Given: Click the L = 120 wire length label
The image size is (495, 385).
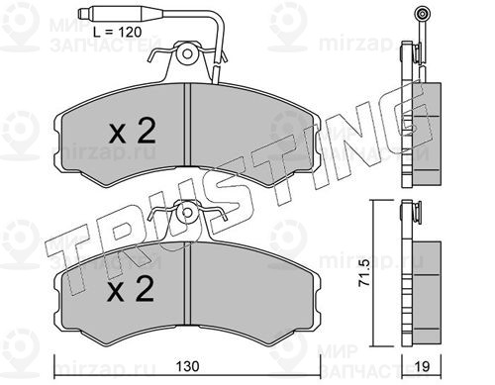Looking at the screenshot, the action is (x=117, y=32).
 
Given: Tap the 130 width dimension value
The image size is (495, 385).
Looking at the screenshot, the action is (x=187, y=366).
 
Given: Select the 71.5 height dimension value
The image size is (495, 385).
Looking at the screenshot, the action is (x=363, y=272).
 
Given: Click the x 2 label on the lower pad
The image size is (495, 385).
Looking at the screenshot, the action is (x=131, y=289).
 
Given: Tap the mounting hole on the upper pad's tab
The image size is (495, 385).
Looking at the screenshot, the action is (x=187, y=52).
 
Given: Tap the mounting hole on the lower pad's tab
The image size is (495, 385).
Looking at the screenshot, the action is (x=187, y=212).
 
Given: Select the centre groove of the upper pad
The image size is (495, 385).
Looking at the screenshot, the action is (x=187, y=125).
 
